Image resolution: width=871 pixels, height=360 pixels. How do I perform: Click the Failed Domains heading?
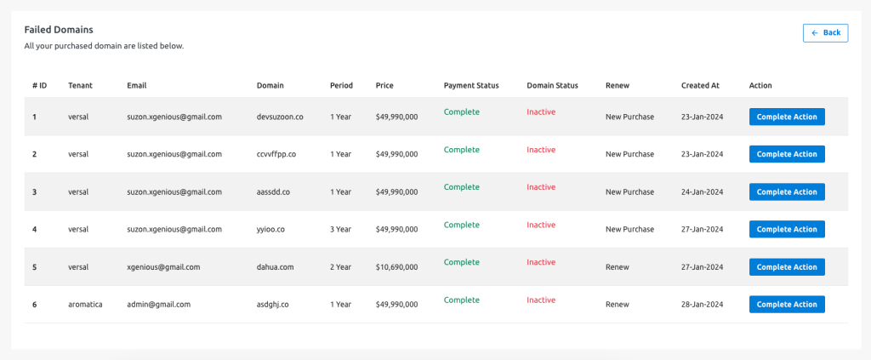pyautogui.click(x=59, y=30)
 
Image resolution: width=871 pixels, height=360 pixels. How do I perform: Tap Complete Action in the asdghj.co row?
pyautogui.click(x=787, y=305)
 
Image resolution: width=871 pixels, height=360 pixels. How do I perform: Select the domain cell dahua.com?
pyautogui.click(x=275, y=267)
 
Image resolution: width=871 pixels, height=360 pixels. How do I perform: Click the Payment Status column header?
pyautogui.click(x=471, y=86)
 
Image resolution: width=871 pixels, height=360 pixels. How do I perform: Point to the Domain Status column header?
pyautogui.click(x=552, y=86)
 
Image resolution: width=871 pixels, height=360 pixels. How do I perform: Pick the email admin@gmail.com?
pyautogui.click(x=159, y=305)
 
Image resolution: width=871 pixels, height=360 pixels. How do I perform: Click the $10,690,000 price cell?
pyautogui.click(x=396, y=267)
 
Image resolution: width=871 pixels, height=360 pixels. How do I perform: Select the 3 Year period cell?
pyautogui.click(x=340, y=230)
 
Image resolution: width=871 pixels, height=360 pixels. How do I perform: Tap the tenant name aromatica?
pyautogui.click(x=86, y=305)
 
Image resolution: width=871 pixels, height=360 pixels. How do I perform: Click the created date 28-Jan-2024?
pyautogui.click(x=702, y=305)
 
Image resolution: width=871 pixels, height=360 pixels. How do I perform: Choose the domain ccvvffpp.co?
pyautogui.click(x=276, y=154)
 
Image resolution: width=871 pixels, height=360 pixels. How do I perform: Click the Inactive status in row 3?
pyautogui.click(x=541, y=187)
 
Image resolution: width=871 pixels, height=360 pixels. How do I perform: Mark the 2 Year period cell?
pyautogui.click(x=340, y=267)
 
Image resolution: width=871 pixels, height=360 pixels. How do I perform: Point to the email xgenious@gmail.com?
pyautogui.click(x=163, y=267)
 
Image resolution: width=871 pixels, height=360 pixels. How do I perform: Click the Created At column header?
pyautogui.click(x=700, y=86)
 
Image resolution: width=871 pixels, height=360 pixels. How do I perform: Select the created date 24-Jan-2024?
pyautogui.click(x=702, y=192)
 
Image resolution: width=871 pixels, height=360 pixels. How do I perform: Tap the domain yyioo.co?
pyautogui.click(x=270, y=230)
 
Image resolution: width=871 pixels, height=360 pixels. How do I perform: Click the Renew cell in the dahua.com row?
pyautogui.click(x=618, y=267)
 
